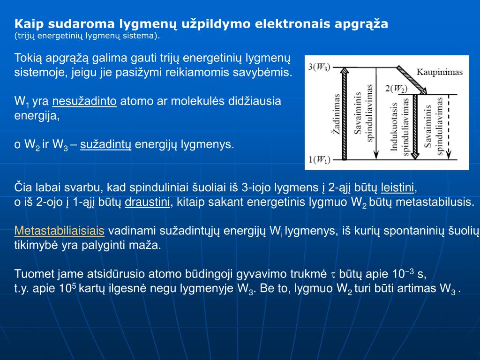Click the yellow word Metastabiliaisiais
(x=59, y=231)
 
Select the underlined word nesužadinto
(x=84, y=101)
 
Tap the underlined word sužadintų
(x=106, y=144)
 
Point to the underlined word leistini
(x=398, y=188)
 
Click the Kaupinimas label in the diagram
(x=439, y=72)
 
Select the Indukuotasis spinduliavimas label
(x=399, y=127)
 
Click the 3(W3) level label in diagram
(x=319, y=67)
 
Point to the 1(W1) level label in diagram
(x=319, y=160)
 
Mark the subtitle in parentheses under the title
(x=87, y=36)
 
